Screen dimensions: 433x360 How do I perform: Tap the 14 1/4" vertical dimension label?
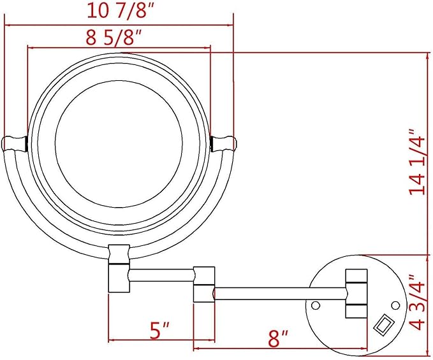point(417,162)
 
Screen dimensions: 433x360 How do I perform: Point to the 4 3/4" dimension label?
point(417,302)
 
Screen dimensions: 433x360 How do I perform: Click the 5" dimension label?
point(159,330)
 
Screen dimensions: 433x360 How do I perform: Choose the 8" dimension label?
point(278,338)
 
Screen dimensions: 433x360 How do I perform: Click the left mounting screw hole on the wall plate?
point(316,305)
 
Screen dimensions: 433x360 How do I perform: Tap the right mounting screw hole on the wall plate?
point(395,305)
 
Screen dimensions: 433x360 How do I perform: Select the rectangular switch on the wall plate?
point(383,325)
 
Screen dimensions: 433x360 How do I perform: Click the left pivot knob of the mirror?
point(15,143)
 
